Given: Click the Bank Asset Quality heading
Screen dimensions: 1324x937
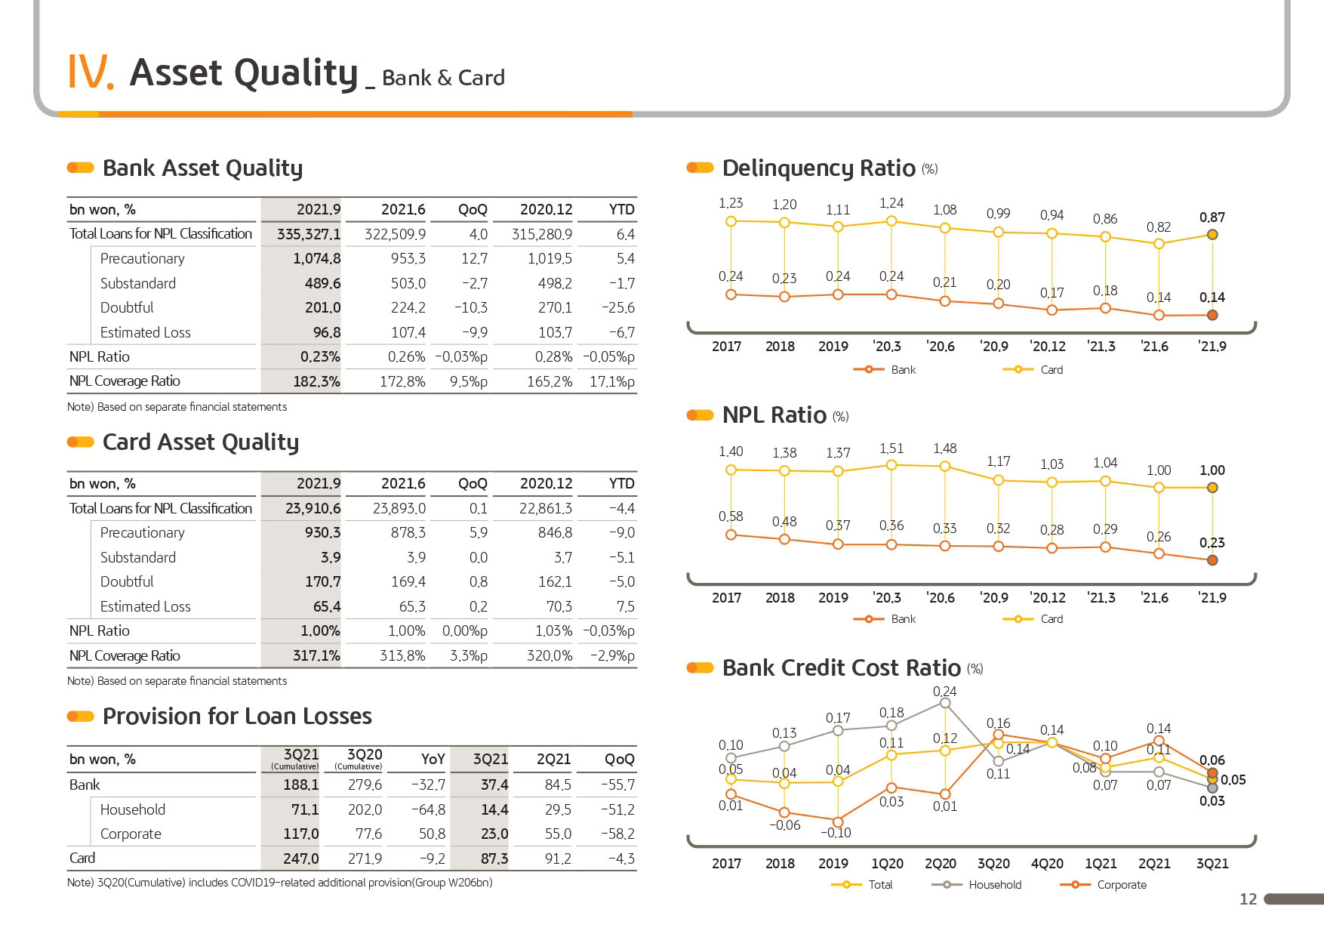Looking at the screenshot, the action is click(202, 168).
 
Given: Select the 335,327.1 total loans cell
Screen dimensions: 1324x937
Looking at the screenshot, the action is click(309, 234).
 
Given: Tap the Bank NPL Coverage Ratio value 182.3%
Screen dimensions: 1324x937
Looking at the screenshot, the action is click(316, 381).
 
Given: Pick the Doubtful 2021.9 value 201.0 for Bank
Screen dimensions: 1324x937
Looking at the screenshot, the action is click(323, 308).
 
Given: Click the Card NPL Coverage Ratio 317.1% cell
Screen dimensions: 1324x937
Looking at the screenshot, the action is click(316, 656).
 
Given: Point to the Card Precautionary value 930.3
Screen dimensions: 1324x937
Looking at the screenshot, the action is click(323, 533).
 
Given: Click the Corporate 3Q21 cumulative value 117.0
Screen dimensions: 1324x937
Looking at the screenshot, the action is click(301, 834).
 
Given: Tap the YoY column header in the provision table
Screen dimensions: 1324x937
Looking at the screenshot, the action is click(433, 759).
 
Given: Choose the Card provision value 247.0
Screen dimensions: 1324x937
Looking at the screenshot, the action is click(301, 858).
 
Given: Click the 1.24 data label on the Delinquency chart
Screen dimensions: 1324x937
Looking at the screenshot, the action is click(891, 203).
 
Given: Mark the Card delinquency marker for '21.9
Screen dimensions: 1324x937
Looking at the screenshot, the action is click(1212, 235).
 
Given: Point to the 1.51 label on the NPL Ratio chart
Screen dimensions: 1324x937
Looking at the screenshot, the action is click(891, 448).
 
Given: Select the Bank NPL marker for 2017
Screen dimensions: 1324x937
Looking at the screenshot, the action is click(731, 535).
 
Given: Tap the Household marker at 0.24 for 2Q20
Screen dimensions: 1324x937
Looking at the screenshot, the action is click(945, 703).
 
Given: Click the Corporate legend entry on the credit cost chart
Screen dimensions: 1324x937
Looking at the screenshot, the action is click(1103, 884).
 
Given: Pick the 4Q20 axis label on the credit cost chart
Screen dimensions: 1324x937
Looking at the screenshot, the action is click(1047, 864).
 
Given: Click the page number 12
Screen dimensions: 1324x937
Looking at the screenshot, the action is click(1249, 898).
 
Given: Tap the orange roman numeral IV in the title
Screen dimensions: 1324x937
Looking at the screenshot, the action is click(91, 72).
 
